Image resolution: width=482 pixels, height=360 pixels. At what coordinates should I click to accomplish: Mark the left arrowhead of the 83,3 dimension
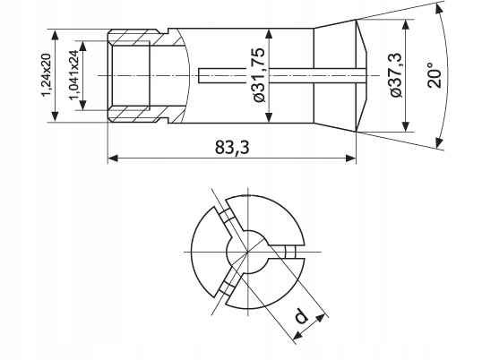point(112,159)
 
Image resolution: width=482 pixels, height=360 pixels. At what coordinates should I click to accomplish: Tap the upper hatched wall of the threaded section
point(139,40)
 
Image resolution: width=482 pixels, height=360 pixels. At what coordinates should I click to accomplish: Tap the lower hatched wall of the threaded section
point(139,113)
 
